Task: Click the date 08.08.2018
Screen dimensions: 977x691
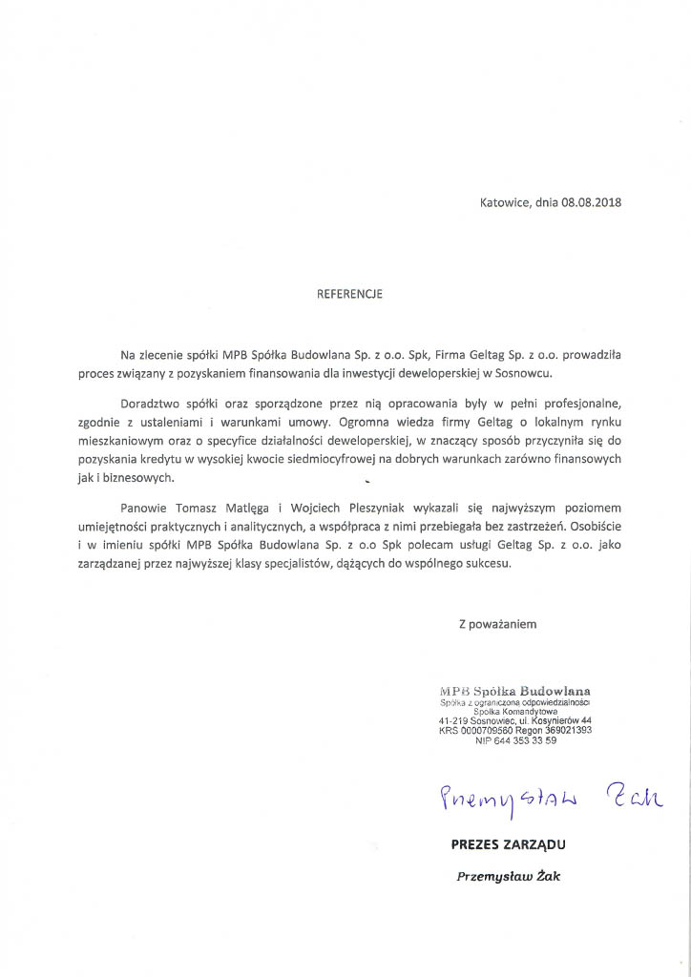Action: (591, 202)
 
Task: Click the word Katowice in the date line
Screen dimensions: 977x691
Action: (504, 202)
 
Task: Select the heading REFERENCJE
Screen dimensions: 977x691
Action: (349, 295)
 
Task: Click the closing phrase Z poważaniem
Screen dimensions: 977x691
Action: (497, 625)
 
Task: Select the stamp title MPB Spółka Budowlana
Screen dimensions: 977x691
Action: (515, 690)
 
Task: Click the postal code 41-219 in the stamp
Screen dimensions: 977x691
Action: (453, 720)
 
